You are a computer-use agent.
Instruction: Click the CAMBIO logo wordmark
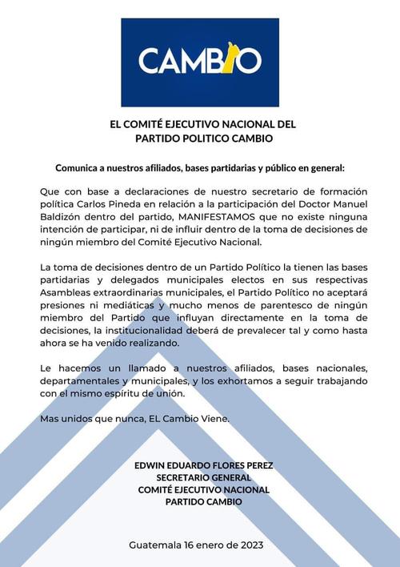pos(199,61)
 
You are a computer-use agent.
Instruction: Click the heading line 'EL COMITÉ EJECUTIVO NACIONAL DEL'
pos(202,124)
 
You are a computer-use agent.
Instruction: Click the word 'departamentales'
pos(81,381)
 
